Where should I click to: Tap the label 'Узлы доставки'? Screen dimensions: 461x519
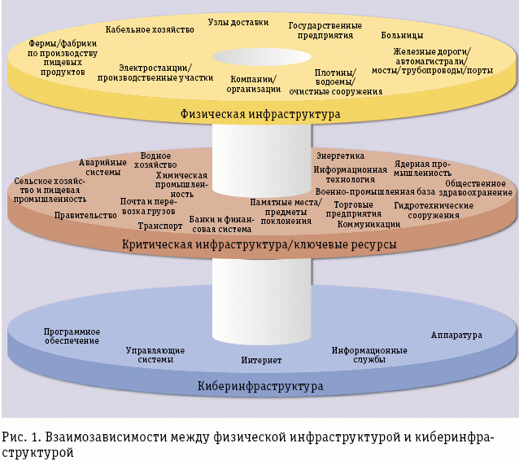click(238, 22)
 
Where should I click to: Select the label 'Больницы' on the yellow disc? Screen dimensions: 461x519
click(402, 36)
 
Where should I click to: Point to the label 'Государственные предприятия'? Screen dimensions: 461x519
click(323, 31)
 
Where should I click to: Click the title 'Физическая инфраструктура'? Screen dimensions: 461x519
click(260, 115)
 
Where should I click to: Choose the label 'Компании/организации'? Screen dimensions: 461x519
click(251, 84)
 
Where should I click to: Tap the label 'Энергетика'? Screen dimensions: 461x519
click(339, 155)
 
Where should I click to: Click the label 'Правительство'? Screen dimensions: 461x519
click(85, 216)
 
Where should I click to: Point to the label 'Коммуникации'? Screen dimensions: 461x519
click(368, 224)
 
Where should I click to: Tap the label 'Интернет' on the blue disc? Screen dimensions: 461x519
click(261, 359)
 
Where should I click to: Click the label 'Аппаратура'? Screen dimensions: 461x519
click(457, 335)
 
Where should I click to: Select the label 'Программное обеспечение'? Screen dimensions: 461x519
click(72, 336)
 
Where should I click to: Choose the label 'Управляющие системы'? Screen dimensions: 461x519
click(155, 354)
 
